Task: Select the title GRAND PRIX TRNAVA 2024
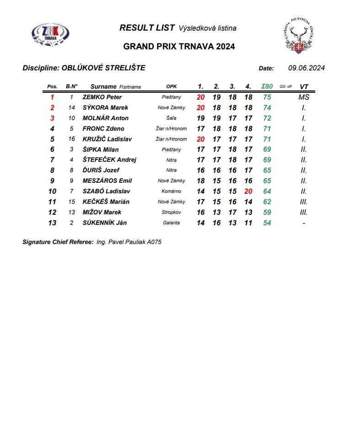(179, 47)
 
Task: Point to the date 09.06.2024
(306, 68)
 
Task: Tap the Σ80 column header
(267, 86)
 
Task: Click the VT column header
(304, 86)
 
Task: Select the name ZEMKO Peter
(102, 97)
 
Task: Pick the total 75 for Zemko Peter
(267, 97)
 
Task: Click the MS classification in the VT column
(304, 97)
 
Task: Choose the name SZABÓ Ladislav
(106, 191)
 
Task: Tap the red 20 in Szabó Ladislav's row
(248, 191)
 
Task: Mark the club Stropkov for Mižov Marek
(172, 212)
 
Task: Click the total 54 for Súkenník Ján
(267, 223)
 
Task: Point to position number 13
(52, 223)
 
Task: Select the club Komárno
(172, 191)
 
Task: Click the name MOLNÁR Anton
(105, 118)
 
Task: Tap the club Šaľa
(172, 118)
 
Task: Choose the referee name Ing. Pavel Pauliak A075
(129, 242)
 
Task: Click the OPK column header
(172, 87)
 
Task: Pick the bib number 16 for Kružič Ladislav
(72, 139)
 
